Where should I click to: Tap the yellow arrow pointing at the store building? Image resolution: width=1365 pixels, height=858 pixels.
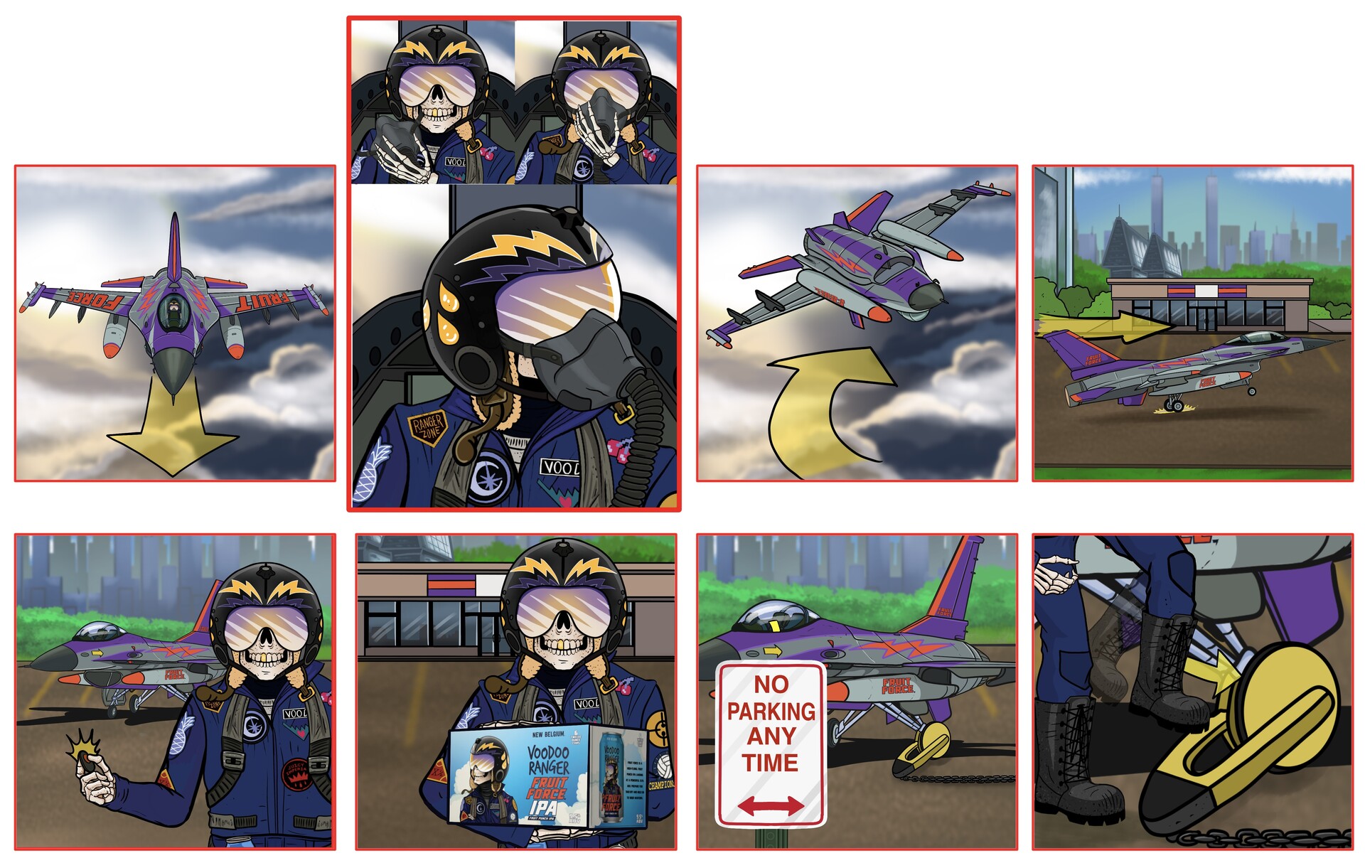click(1109, 326)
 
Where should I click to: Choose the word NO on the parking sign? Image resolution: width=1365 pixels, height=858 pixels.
click(771, 685)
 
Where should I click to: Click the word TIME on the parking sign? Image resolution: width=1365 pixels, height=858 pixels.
click(771, 763)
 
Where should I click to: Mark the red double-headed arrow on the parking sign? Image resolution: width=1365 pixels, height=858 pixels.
click(771, 805)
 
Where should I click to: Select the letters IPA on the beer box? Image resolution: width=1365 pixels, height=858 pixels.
click(544, 808)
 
